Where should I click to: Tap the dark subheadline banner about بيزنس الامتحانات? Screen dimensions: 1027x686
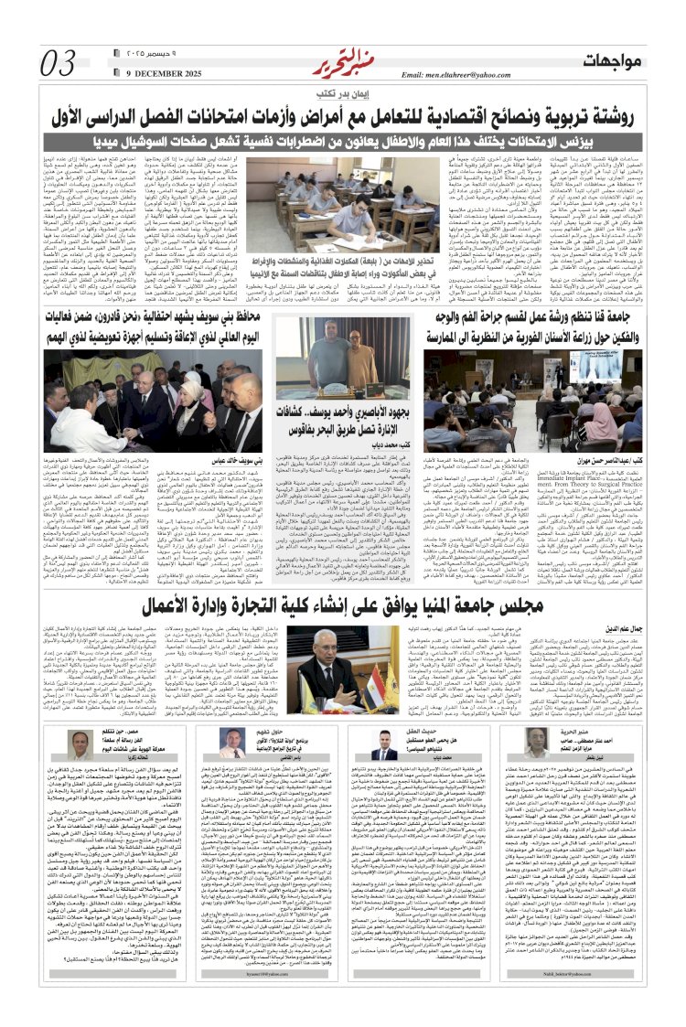342,143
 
